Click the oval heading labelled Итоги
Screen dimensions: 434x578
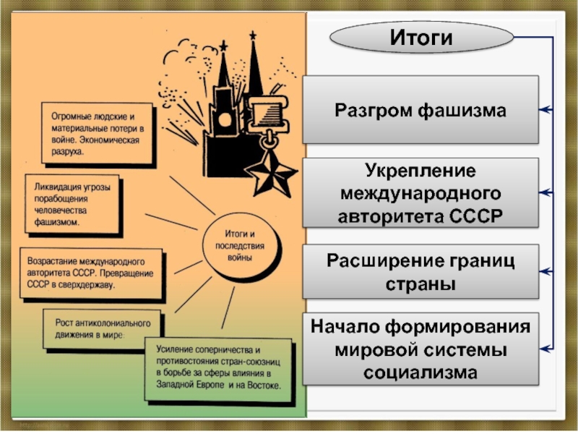[420, 37]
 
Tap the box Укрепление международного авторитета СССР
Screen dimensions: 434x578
[420, 194]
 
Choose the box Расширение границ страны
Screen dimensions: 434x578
[420, 272]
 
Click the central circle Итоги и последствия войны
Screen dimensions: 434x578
[233, 246]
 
